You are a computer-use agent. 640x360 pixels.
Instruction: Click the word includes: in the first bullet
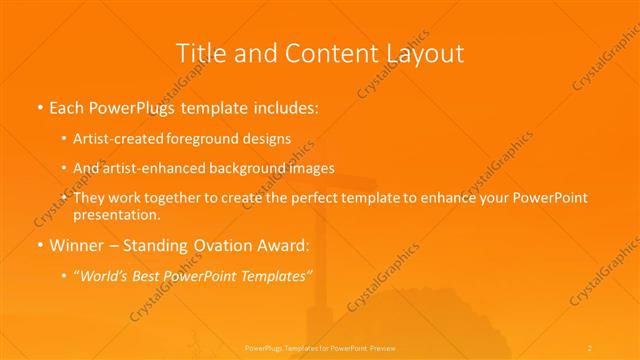click(288, 106)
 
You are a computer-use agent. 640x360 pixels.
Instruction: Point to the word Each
click(67, 106)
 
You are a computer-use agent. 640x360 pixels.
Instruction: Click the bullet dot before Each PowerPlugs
click(38, 107)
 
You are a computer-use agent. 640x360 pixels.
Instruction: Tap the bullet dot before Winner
click(38, 244)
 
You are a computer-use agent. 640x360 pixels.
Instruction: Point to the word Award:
click(280, 243)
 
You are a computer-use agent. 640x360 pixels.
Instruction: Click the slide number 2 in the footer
click(590, 347)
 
